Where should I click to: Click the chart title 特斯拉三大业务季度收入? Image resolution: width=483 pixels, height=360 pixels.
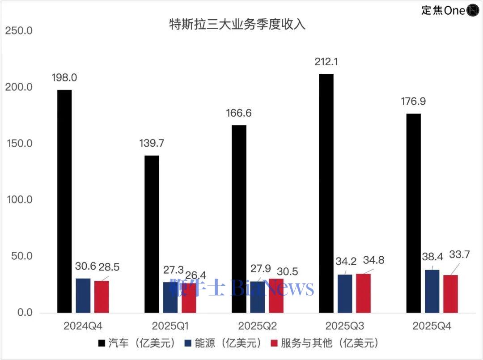point(237,24)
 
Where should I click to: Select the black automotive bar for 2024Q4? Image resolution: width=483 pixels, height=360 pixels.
point(64,201)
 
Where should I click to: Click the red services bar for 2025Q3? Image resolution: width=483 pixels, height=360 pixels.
point(363,293)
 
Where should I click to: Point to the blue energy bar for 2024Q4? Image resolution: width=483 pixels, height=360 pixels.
point(83,296)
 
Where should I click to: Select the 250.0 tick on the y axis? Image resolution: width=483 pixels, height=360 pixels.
point(18,31)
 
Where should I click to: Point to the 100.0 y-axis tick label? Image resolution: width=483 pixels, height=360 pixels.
point(18,199)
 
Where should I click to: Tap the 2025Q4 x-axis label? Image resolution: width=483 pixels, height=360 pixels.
point(432,326)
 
